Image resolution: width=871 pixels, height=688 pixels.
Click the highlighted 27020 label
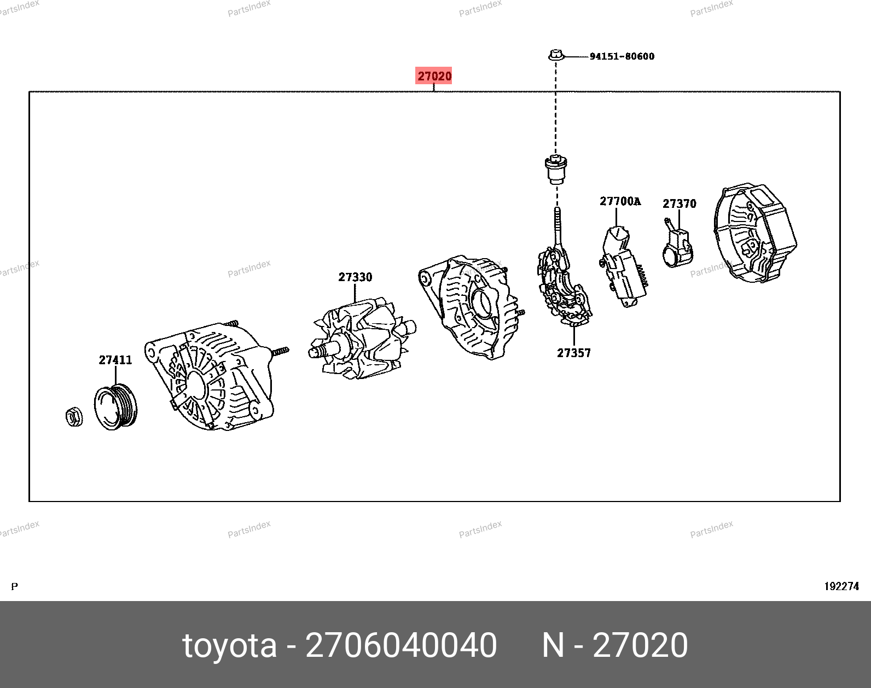click(433, 75)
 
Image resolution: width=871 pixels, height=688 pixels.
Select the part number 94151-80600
click(622, 56)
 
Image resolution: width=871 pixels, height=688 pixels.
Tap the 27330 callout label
click(355, 277)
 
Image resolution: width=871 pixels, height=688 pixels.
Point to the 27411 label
click(115, 360)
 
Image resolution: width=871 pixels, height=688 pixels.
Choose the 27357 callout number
click(573, 353)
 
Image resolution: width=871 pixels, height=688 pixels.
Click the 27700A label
click(620, 201)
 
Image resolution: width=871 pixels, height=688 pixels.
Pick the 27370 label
click(679, 203)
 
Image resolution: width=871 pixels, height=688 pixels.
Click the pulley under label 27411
click(116, 407)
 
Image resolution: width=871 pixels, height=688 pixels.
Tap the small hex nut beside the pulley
click(74, 416)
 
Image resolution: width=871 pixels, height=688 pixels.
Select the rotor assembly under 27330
click(362, 339)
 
